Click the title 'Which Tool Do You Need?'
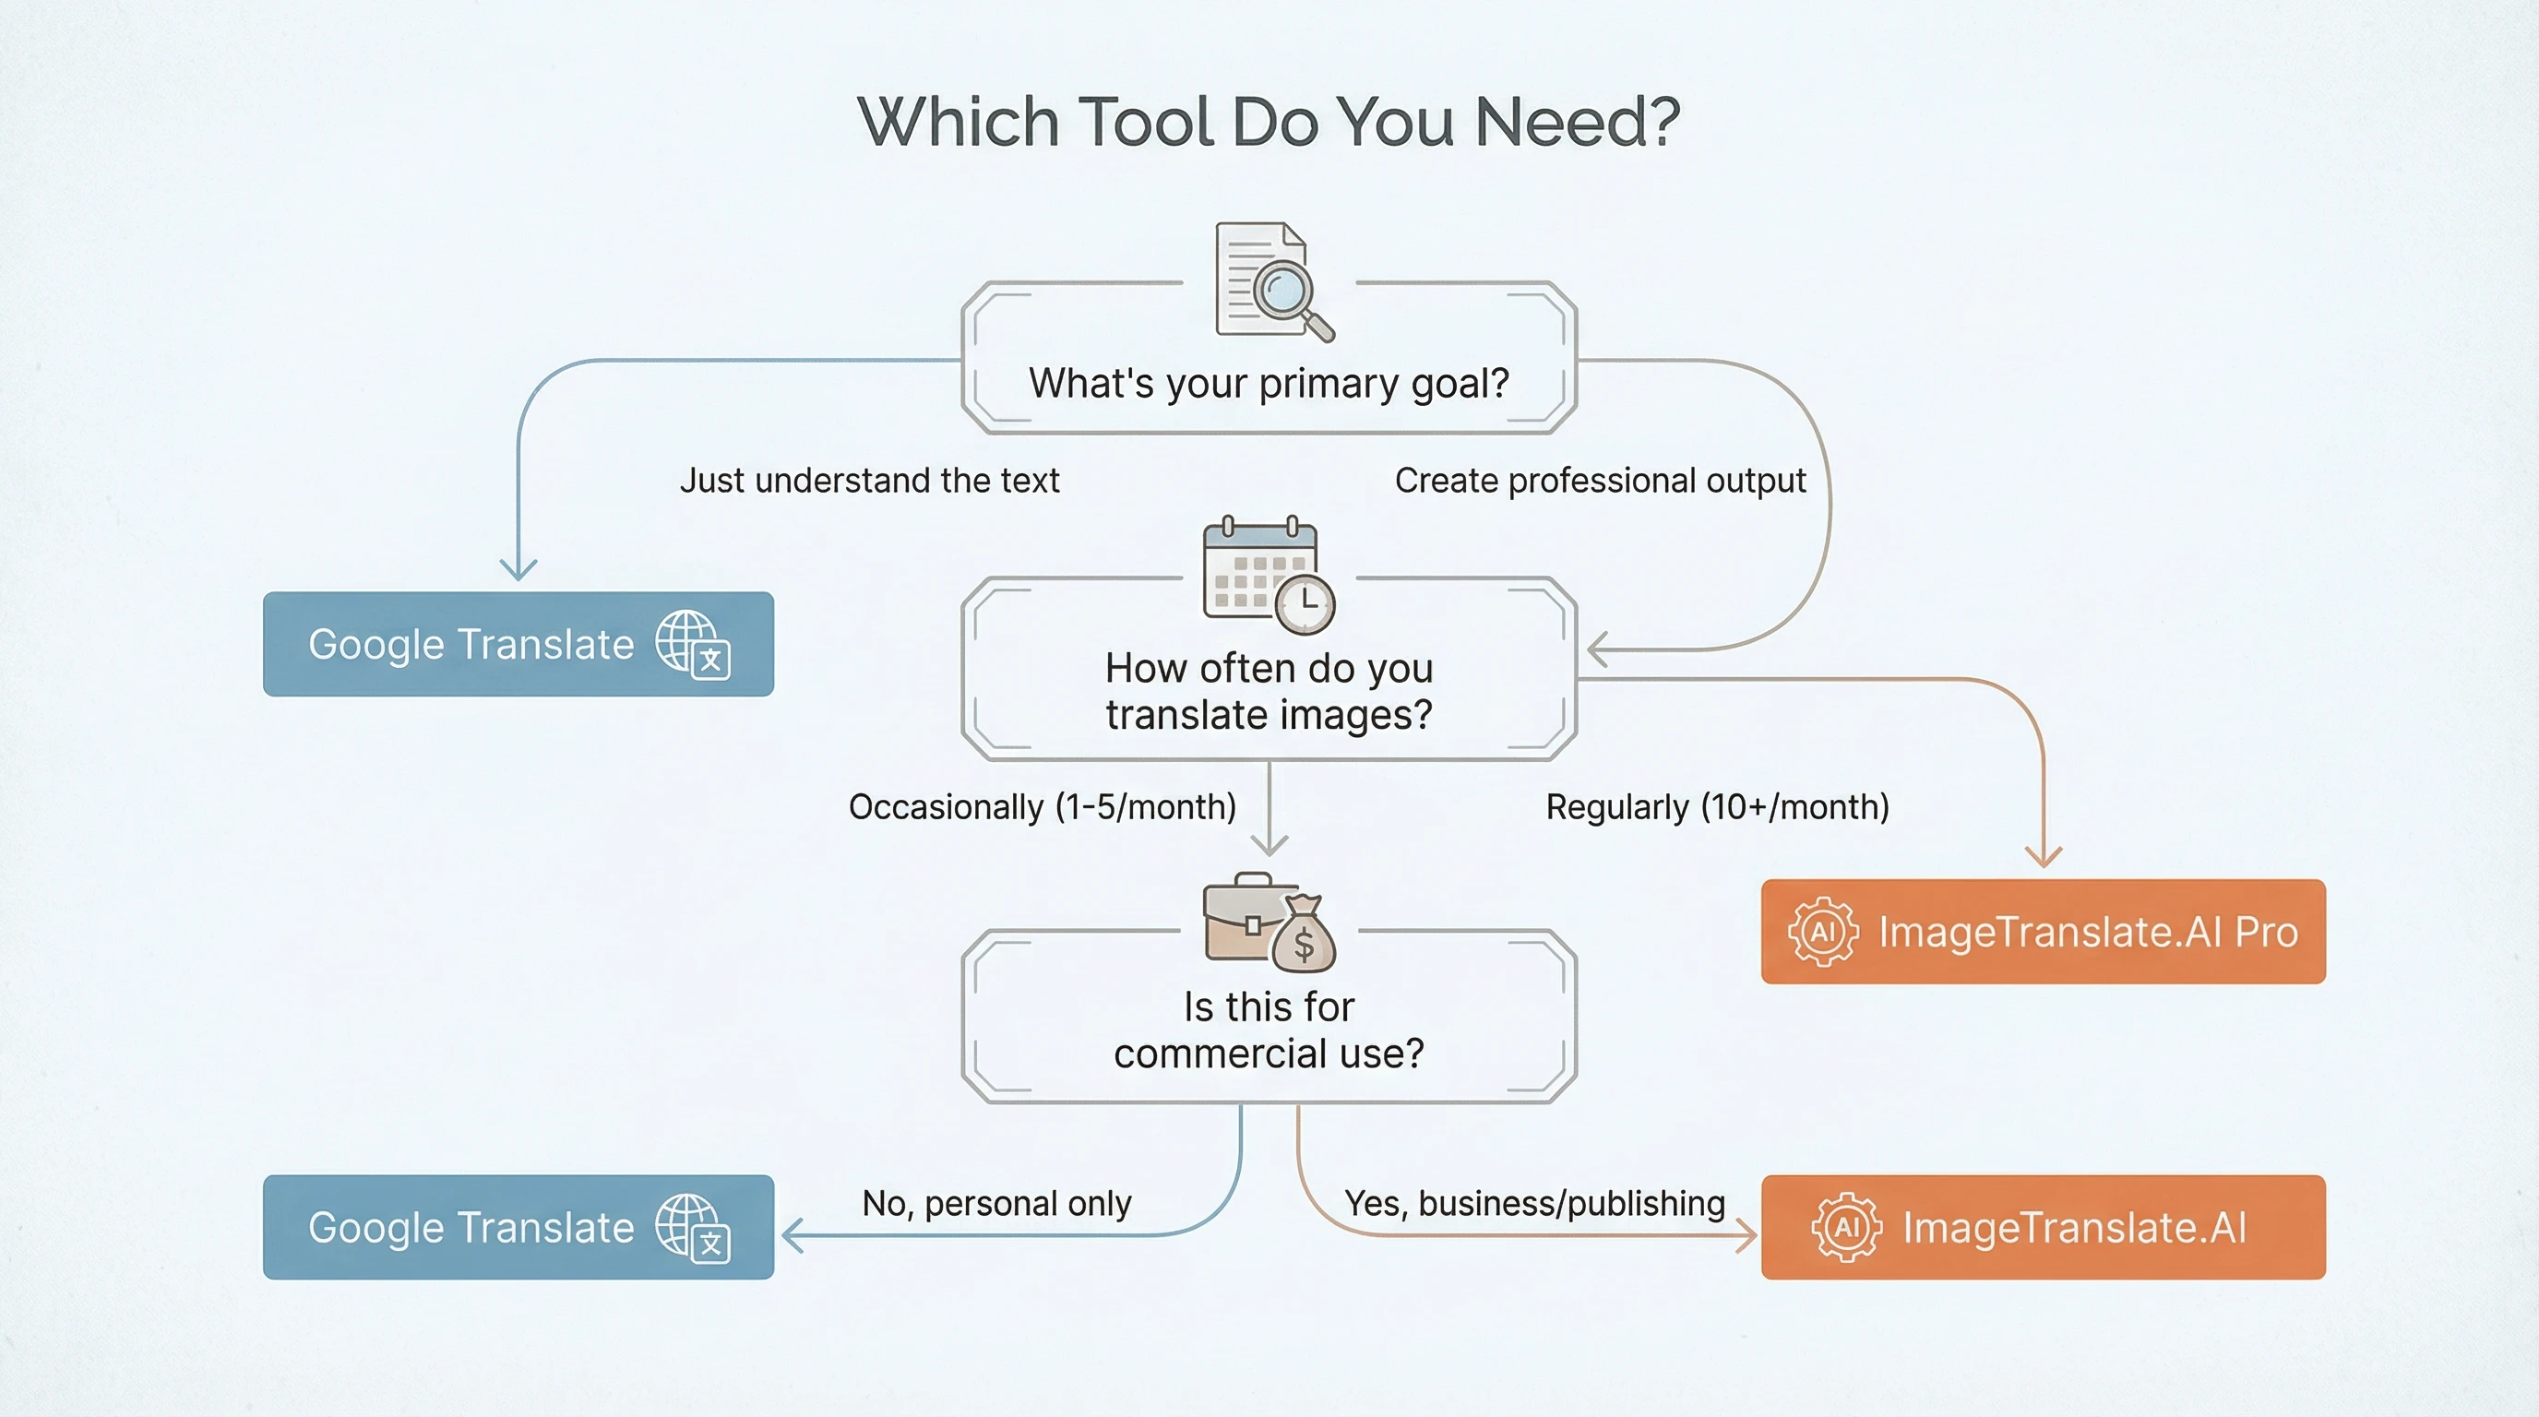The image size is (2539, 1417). pos(1269,121)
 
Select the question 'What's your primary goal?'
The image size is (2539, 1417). pos(1269,384)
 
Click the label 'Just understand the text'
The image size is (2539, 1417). pos(869,481)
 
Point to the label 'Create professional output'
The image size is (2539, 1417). pos(1600,481)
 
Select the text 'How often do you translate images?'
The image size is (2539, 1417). pos(1269,691)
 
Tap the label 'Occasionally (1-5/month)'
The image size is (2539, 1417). pos(1042,807)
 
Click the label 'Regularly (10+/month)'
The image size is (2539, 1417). pos(1717,807)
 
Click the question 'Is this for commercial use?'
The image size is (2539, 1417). pos(1269,1030)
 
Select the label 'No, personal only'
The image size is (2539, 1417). pos(996,1203)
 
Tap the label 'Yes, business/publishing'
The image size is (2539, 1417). pos(1534,1203)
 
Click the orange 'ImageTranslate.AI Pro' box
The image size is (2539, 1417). pos(2044,931)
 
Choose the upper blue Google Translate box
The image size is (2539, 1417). pos(518,645)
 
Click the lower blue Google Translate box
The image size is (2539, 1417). pos(518,1227)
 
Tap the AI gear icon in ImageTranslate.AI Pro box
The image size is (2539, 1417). pos(1823,931)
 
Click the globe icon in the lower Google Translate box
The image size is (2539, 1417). pos(692,1227)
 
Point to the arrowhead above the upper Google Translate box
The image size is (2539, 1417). pos(519,569)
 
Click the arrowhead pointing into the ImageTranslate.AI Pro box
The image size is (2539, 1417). pos(2044,855)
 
